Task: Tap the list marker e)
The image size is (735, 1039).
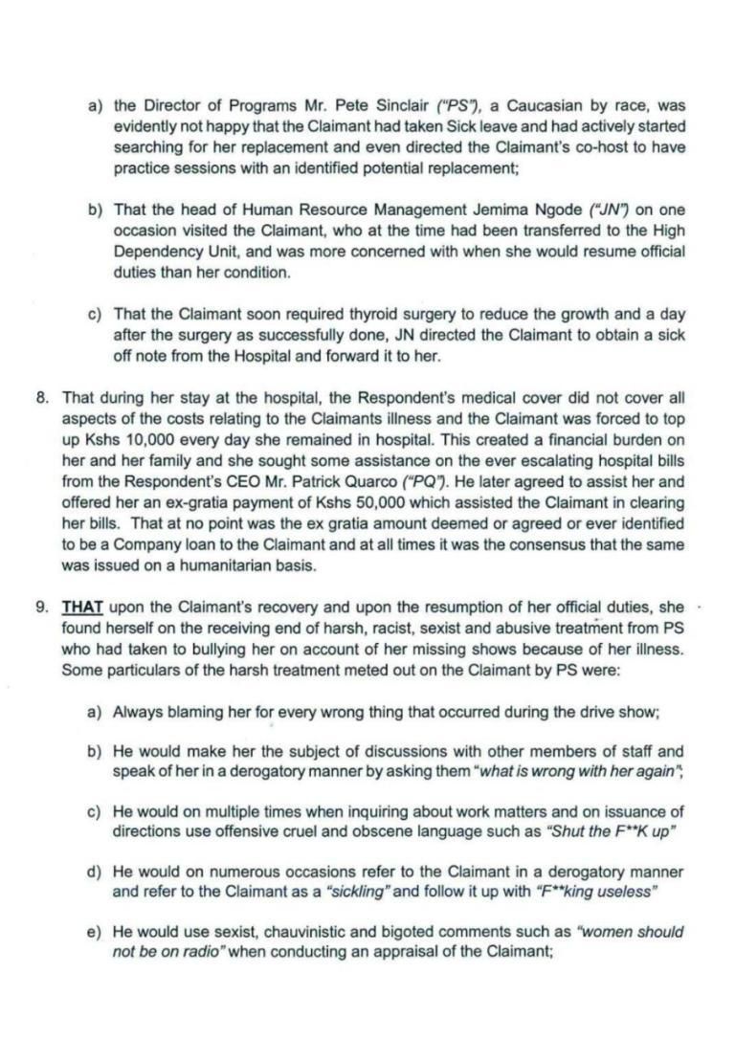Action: [95, 932]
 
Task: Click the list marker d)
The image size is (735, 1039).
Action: [95, 873]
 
